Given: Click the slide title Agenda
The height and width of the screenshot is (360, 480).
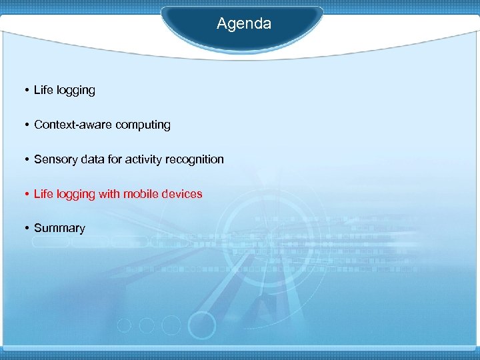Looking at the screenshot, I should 244,24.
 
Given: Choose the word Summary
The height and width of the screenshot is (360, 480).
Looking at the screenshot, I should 59,229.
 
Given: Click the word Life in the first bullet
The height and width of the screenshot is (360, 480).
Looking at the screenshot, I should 43,90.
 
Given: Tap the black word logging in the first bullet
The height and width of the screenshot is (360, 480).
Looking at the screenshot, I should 75,91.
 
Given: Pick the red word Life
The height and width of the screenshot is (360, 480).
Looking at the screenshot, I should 43,194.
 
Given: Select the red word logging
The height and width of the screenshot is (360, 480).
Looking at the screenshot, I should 75,195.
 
